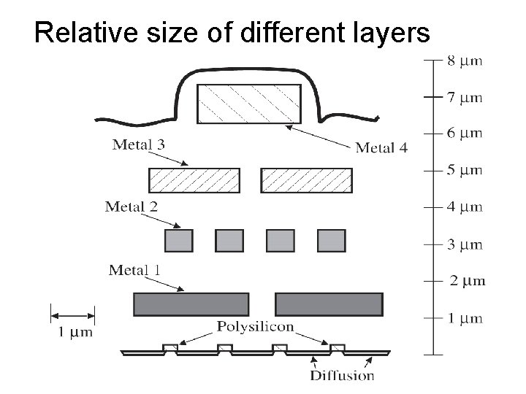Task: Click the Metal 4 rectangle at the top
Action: click(x=249, y=104)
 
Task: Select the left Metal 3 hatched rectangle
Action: click(x=194, y=180)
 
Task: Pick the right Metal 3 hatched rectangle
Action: click(x=306, y=180)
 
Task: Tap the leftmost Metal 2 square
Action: click(x=180, y=240)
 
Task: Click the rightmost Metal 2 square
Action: click(x=331, y=240)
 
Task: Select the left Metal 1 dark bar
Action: click(x=191, y=304)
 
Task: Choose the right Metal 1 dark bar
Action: click(x=329, y=304)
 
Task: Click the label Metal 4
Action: click(x=381, y=148)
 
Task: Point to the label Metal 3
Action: click(x=138, y=144)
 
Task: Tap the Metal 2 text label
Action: click(x=131, y=206)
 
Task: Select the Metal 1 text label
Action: click(x=135, y=271)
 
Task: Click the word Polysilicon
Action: click(x=255, y=327)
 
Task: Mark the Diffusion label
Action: click(x=342, y=376)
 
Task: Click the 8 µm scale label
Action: click(x=465, y=61)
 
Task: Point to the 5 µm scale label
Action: click(x=465, y=170)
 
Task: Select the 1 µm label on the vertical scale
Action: click(x=465, y=318)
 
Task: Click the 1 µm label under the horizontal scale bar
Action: click(x=75, y=333)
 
